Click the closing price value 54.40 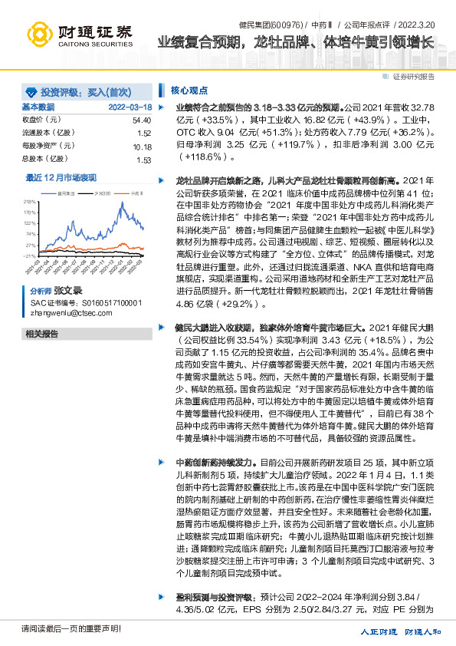click(142, 120)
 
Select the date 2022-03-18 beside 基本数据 click(130, 107)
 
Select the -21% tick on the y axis click(29, 255)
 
